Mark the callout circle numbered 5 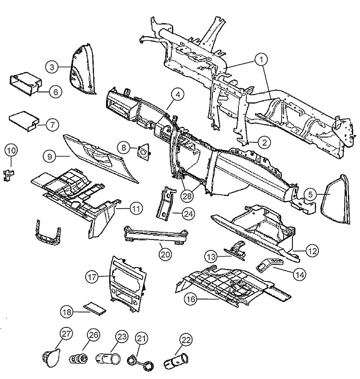coord(310,194)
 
